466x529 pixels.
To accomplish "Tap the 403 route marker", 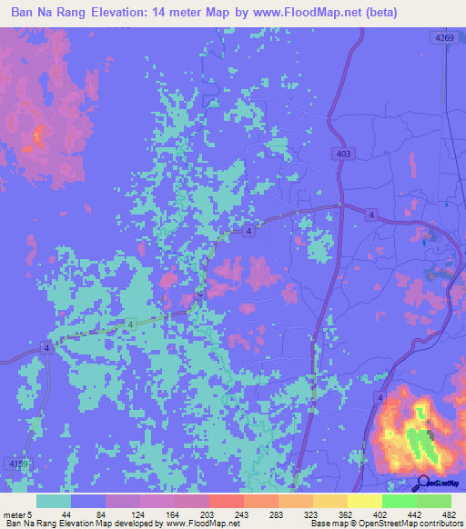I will (x=342, y=155).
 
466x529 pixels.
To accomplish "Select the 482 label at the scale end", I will (x=448, y=514).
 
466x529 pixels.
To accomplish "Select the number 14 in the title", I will (x=173, y=14).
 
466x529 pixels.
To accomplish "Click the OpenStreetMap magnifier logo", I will (x=423, y=484).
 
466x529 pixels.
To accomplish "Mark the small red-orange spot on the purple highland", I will (x=38, y=138).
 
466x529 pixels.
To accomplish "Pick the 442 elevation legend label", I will (x=410, y=514).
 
